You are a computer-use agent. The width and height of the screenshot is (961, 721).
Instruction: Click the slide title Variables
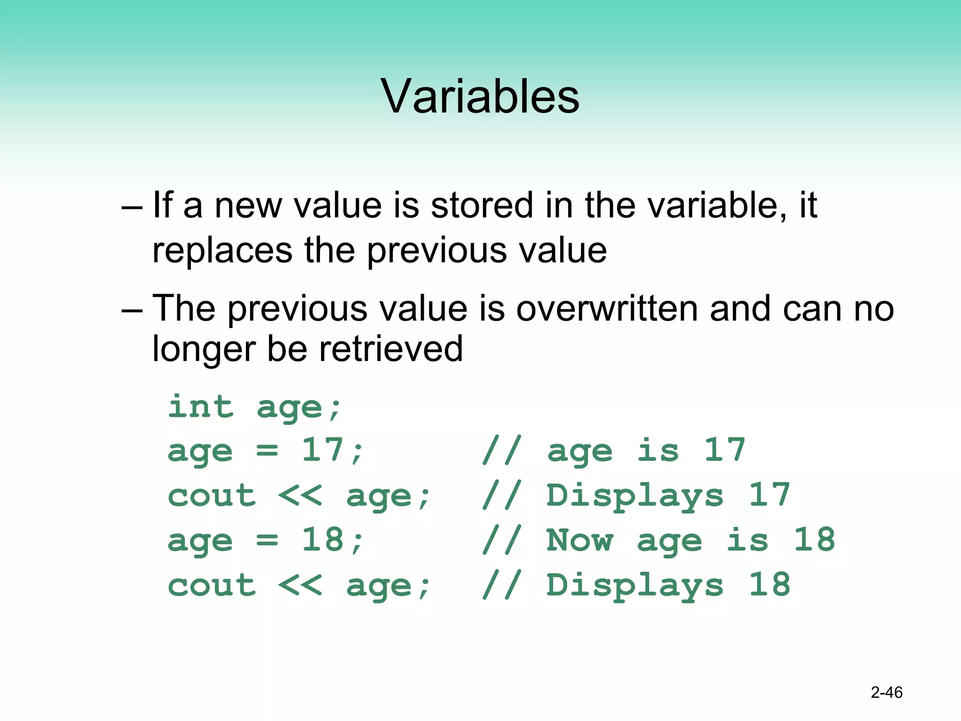click(480, 96)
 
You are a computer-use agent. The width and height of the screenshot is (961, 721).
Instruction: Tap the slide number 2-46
click(886, 692)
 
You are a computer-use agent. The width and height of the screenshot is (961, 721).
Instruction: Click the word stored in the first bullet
click(482, 206)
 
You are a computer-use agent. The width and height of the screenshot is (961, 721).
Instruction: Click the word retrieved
click(391, 349)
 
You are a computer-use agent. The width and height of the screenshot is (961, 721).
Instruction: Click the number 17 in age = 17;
click(323, 450)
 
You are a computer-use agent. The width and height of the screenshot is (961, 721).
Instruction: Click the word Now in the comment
click(580, 540)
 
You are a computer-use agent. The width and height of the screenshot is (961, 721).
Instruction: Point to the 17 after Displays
click(770, 495)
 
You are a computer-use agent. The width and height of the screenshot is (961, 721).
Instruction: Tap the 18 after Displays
click(770, 585)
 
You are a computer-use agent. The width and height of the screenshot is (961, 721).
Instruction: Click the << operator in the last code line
click(300, 585)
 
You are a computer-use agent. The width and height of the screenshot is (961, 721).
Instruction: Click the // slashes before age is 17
click(502, 450)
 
